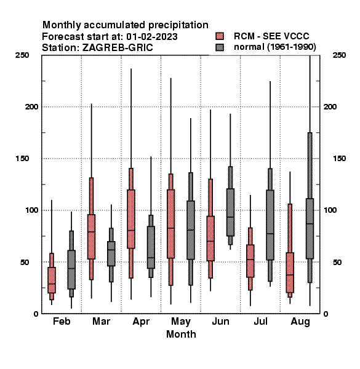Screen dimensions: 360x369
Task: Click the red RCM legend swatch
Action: (x=220, y=36)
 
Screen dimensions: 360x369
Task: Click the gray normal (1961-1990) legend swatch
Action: (x=220, y=47)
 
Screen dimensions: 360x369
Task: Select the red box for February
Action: (x=52, y=280)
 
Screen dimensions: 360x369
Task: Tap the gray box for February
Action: (x=71, y=269)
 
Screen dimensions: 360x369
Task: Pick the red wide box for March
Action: (x=91, y=237)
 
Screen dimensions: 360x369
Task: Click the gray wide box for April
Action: (x=151, y=247)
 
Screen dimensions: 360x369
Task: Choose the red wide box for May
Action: (x=170, y=224)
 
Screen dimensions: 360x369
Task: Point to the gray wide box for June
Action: (x=230, y=212)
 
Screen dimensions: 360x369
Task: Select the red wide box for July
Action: (x=250, y=261)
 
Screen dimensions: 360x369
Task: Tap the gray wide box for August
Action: (x=310, y=229)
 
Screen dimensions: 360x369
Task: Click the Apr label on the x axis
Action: (x=141, y=322)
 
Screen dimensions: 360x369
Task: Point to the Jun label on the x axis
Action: (x=220, y=321)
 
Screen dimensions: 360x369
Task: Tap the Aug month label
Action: (x=300, y=322)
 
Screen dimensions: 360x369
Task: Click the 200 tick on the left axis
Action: (x=31, y=106)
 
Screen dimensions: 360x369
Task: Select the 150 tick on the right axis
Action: (x=339, y=159)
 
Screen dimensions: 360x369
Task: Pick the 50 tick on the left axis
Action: (x=25, y=262)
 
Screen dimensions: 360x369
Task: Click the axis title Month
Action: (x=181, y=334)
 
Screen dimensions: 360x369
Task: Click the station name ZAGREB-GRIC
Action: (x=118, y=48)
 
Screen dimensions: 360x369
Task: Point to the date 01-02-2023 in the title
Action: (x=152, y=37)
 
